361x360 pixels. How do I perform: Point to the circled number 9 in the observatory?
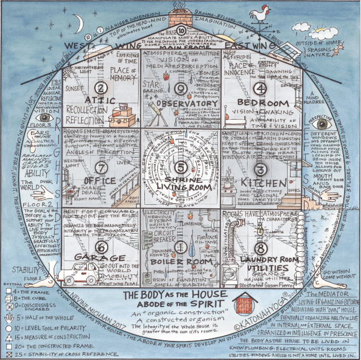(180, 88)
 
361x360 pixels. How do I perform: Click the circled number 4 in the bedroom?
(259, 87)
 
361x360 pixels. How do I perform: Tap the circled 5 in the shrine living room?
(180, 167)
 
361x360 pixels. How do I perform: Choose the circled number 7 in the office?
(102, 167)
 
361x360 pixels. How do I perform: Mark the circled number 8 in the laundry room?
(259, 247)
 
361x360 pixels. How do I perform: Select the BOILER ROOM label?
(180, 262)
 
